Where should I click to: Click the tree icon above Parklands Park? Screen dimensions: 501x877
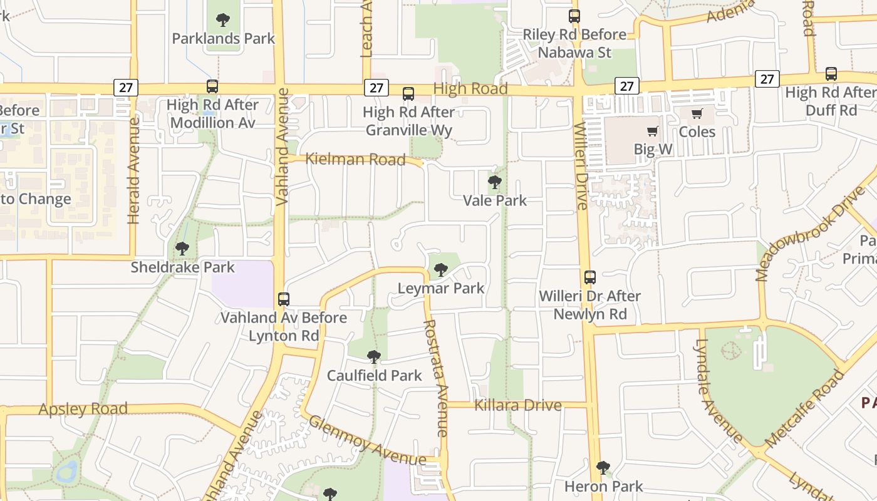point(222,20)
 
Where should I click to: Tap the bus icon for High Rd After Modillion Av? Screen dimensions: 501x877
point(212,86)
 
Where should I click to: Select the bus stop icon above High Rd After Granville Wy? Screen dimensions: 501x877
point(408,94)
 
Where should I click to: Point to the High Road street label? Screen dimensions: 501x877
point(470,89)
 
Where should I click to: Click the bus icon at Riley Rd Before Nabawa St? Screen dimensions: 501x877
point(574,16)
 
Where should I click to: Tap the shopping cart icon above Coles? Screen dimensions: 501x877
point(697,114)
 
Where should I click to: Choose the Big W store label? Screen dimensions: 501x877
point(653,149)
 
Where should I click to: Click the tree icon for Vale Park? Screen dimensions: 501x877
point(495,182)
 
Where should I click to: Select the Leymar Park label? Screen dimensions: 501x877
point(441,288)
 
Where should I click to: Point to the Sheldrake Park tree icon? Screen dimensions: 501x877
point(182,249)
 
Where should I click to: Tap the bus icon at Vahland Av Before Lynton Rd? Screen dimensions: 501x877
point(284,299)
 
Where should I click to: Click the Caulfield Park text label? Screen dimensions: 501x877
point(375,376)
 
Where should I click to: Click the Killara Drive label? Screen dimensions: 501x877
point(517,405)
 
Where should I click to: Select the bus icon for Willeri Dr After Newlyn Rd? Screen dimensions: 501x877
point(590,277)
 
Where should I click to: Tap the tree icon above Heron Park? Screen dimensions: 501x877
point(603,467)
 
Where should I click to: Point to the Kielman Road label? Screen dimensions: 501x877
point(355,160)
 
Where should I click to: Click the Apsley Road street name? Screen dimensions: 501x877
point(83,409)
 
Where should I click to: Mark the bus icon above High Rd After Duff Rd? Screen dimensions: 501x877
point(831,74)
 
